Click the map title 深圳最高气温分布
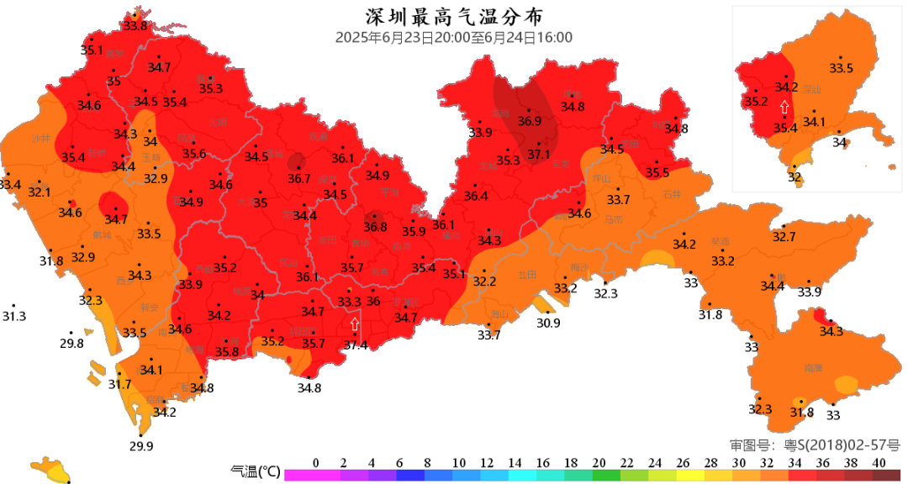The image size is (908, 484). tap(453, 17)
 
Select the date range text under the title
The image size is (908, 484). tap(453, 38)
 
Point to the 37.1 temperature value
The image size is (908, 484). tap(538, 155)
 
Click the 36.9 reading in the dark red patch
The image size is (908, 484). tap(529, 121)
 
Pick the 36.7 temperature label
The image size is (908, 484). tap(299, 178)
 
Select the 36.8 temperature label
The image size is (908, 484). tap(375, 227)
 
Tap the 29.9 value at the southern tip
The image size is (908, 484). tap(141, 446)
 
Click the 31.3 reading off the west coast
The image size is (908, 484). tap(14, 317)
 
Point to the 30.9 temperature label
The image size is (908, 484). tap(548, 323)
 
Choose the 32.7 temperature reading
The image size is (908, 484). tap(784, 238)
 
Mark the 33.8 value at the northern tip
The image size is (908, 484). tap(135, 25)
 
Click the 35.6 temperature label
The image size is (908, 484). tap(194, 154)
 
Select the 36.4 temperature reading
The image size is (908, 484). tap(476, 197)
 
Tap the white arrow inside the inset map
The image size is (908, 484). tap(784, 107)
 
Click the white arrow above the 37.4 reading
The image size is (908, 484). tap(355, 323)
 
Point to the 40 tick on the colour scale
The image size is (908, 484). tap(879, 463)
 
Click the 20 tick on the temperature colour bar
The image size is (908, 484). tap(599, 463)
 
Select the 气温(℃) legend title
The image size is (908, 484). tap(255, 472)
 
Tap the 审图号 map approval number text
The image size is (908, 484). tap(814, 445)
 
